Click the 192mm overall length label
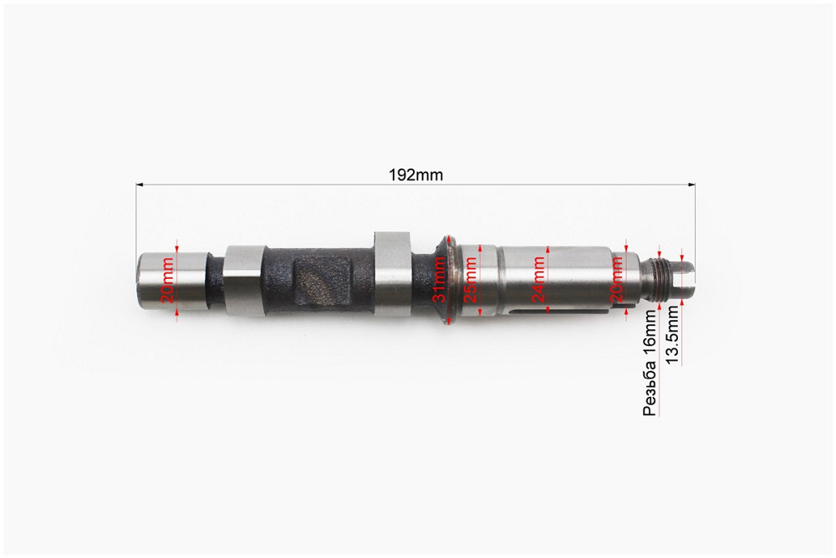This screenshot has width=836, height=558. pos(415,175)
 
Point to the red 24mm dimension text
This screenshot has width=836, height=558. pos(538,280)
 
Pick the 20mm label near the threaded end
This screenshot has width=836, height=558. pos(617,280)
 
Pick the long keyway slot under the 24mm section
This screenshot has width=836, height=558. pos(552,312)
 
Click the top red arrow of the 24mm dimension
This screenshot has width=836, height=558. pos(546,248)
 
